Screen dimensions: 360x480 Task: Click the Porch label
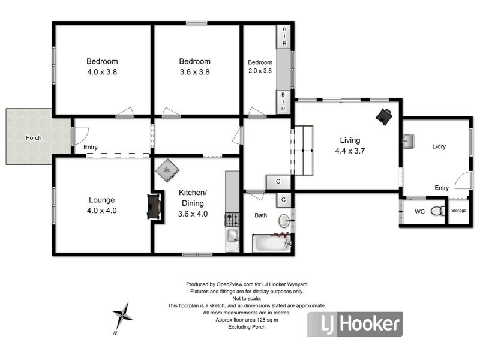click(34, 137)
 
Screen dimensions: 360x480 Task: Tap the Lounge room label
click(102, 200)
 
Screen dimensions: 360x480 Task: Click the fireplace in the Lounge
click(155, 207)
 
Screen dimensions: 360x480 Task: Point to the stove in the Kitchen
click(232, 220)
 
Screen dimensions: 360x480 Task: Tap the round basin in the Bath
click(283, 222)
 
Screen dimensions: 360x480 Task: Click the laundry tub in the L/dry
click(410, 142)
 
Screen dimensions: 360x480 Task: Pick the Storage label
click(459, 211)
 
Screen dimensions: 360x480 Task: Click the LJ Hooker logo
click(354, 325)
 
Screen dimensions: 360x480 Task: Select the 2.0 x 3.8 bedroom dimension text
click(260, 70)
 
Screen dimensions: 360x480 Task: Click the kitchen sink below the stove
click(232, 240)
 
